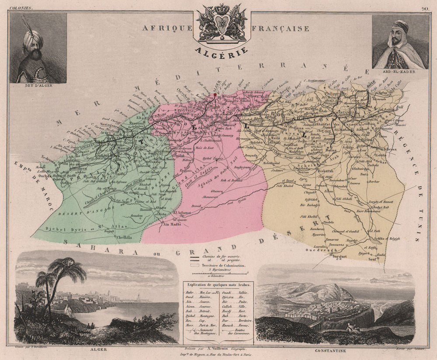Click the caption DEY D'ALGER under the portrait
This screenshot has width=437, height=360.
[38, 86]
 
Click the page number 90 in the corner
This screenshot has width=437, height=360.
[425, 8]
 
